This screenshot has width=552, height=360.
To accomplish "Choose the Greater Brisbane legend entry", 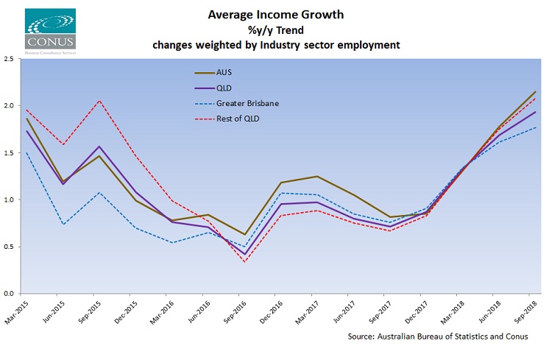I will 248,104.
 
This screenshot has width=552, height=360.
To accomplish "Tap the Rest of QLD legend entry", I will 238,119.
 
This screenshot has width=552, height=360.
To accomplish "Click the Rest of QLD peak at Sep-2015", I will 99,101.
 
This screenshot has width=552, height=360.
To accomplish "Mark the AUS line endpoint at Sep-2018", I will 535,91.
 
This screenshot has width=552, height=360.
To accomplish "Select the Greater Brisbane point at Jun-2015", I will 63,224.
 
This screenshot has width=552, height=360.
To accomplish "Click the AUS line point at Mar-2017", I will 316,176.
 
